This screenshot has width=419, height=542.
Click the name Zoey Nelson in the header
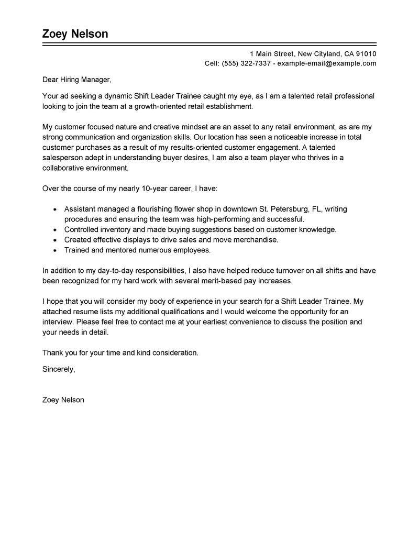75,34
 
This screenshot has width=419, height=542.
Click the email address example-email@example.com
327,63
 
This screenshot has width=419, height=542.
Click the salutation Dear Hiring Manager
77,80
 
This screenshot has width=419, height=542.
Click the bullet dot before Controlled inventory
55,229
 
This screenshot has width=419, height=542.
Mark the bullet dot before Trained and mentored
55,250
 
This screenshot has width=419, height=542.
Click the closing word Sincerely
58,369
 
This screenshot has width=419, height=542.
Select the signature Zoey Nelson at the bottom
63,400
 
